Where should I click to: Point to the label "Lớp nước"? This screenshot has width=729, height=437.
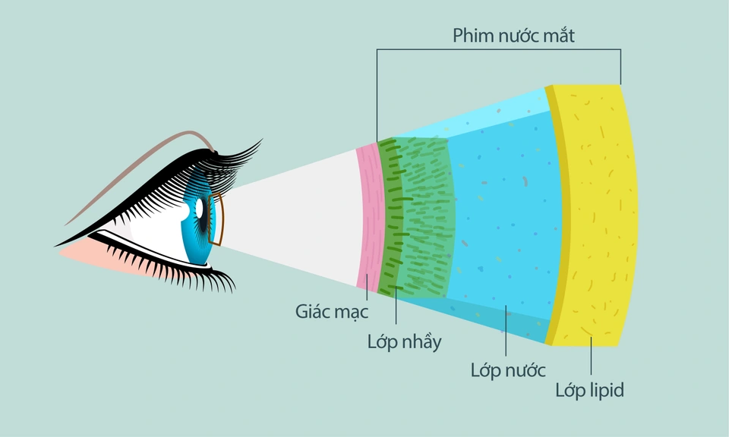508,371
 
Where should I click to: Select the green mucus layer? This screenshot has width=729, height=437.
418,216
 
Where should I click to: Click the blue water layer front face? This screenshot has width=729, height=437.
505,220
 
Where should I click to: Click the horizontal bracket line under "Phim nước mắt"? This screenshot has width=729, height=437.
499,50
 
